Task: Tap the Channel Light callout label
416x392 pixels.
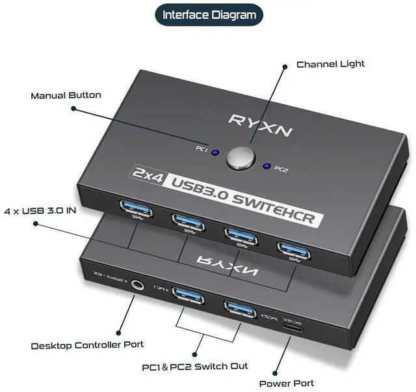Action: click(330, 64)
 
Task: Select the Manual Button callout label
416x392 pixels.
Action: click(66, 96)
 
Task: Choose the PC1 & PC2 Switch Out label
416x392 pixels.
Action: click(195, 366)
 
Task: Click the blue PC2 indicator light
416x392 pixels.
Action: click(265, 166)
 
